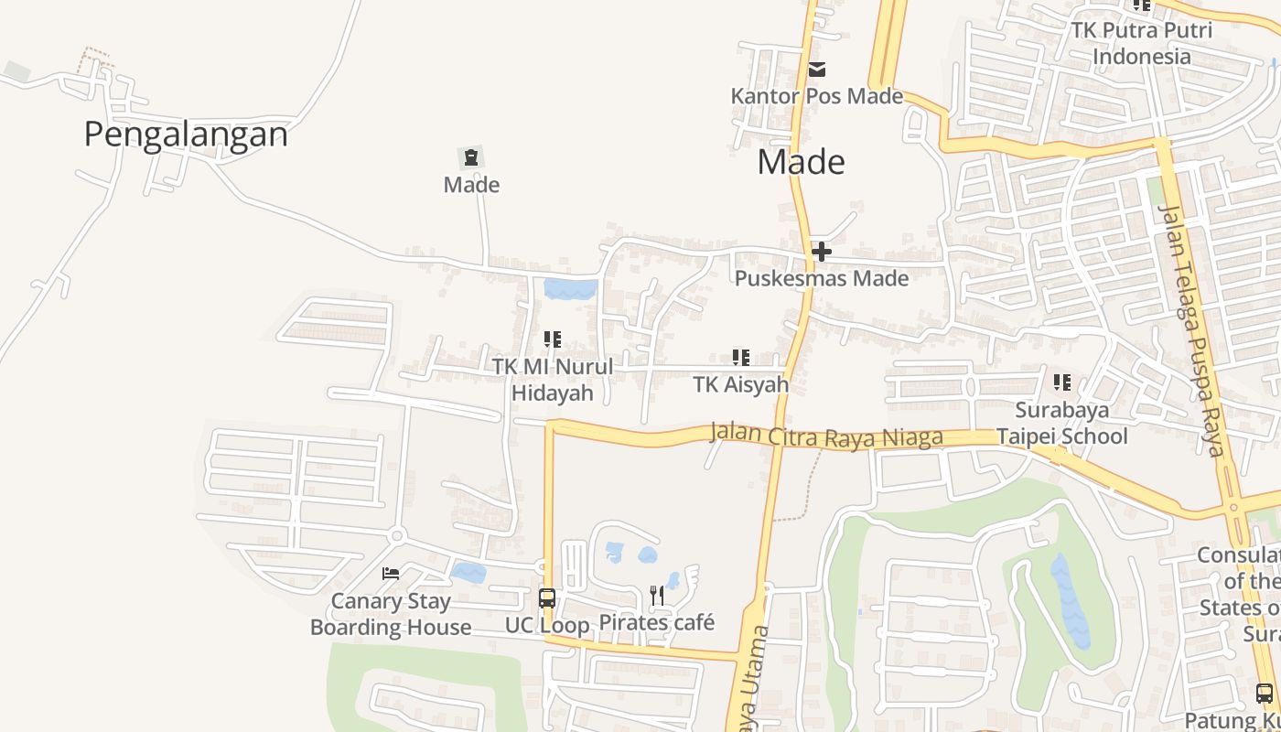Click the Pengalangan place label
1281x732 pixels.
coord(186,135)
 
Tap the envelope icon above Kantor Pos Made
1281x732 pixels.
coord(817,70)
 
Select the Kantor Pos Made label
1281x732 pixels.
coord(816,96)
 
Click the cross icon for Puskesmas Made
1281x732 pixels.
coord(821,252)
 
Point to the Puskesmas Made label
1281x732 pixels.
coord(822,278)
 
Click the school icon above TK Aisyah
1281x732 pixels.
coord(740,358)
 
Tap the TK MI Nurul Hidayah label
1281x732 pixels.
coord(553,380)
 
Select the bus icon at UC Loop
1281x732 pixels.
coord(547,599)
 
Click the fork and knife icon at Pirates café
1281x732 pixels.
coord(657,596)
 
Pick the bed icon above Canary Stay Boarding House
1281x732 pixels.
coord(391,574)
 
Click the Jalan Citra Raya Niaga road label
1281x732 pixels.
coord(826,436)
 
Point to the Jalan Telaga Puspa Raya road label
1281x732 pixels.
coord(1190,329)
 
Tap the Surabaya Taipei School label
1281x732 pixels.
coord(1061,423)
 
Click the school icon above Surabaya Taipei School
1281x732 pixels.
coord(1061,382)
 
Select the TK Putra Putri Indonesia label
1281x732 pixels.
coord(1142,43)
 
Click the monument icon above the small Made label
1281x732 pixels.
coord(471,157)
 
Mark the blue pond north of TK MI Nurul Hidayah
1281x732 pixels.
coord(570,289)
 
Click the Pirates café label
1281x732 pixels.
coord(656,623)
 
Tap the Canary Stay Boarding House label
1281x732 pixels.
coord(391,614)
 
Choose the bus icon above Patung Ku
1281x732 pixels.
coord(1264,694)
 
